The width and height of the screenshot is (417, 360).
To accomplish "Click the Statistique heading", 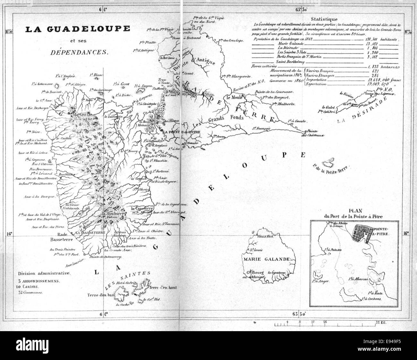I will (x=325, y=19).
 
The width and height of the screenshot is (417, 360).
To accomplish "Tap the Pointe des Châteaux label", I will (x=314, y=133).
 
